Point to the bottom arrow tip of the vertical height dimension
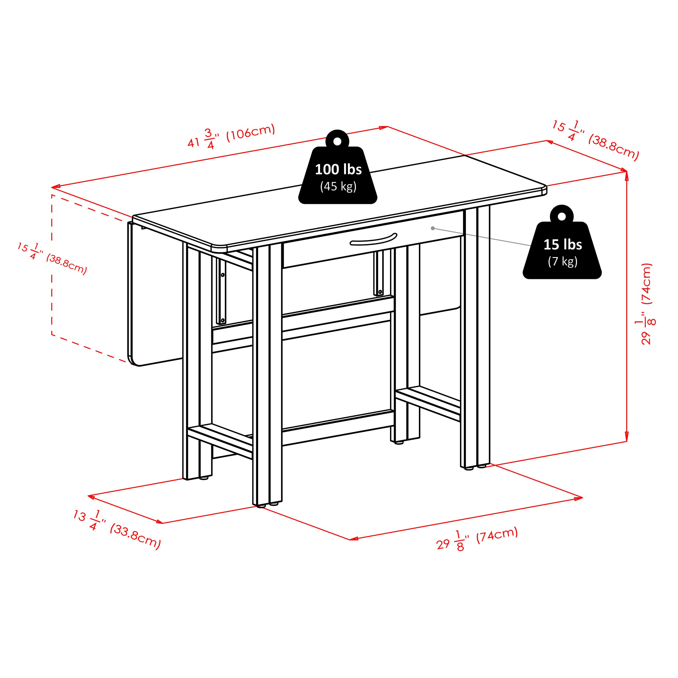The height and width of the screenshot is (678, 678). (x=627, y=441)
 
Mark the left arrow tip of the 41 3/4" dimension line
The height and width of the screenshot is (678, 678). (x=52, y=187)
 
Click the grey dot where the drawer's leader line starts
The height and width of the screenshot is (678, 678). (x=433, y=228)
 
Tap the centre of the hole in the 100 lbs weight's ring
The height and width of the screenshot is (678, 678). (x=337, y=141)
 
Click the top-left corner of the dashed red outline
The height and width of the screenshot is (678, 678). (x=52, y=195)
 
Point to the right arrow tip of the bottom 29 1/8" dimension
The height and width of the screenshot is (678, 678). (x=583, y=497)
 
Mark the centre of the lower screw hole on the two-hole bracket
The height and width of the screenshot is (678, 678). (x=222, y=320)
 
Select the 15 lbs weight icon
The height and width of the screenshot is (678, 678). (x=562, y=242)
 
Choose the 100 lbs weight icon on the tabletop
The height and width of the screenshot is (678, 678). (x=338, y=167)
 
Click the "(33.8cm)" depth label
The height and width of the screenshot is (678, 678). (x=135, y=537)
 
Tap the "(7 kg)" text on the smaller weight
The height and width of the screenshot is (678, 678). (x=562, y=261)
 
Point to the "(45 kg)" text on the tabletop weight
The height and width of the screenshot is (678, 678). (x=338, y=186)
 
